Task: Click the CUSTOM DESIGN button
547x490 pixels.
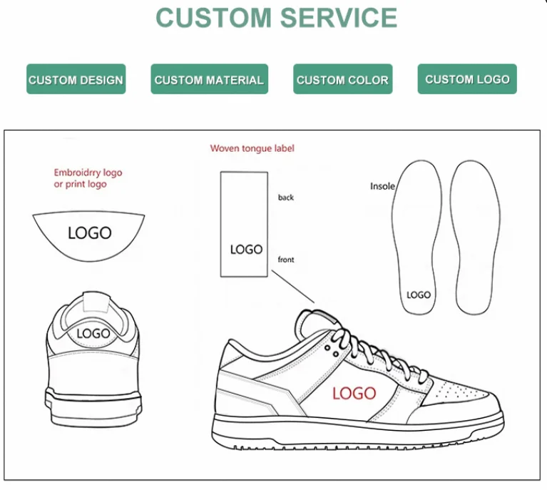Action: pyautogui.click(x=76, y=80)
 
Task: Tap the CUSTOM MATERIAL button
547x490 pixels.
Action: pyautogui.click(x=209, y=80)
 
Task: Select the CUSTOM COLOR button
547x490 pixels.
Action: pyautogui.click(x=342, y=80)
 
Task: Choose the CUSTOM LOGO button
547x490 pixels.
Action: pyautogui.click(x=467, y=79)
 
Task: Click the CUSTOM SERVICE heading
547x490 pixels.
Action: pyautogui.click(x=276, y=18)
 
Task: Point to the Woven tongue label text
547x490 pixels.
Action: pyautogui.click(x=252, y=148)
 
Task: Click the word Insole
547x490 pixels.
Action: pyautogui.click(x=382, y=186)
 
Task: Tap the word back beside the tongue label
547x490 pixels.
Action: pyautogui.click(x=286, y=198)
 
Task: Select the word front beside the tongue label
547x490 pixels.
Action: pyautogui.click(x=286, y=260)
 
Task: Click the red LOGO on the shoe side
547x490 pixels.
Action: pyautogui.click(x=354, y=393)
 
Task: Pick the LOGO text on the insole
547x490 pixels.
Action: pyautogui.click(x=419, y=295)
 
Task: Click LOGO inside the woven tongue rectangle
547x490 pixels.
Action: pyautogui.click(x=246, y=250)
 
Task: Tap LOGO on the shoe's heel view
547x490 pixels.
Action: pyautogui.click(x=93, y=333)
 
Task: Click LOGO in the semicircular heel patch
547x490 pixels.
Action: pyautogui.click(x=90, y=233)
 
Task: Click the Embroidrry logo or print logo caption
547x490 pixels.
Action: pyautogui.click(x=88, y=178)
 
